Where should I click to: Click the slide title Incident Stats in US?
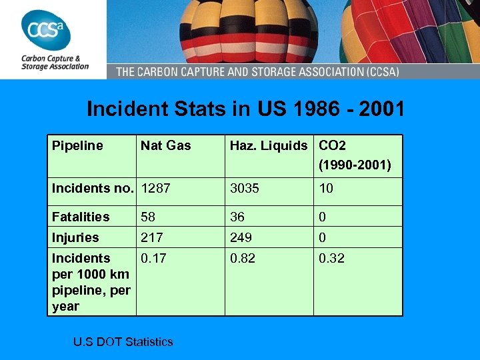[245, 109]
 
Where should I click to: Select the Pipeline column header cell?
[77, 145]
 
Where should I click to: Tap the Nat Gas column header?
[165, 145]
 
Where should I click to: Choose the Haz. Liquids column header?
[269, 145]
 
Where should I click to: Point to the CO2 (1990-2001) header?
[355, 155]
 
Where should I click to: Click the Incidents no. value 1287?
[155, 189]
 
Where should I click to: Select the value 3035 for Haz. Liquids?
[245, 189]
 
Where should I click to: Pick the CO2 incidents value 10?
[326, 189]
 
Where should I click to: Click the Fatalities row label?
[81, 217]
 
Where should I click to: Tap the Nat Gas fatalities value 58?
[148, 217]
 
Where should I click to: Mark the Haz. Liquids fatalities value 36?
[237, 217]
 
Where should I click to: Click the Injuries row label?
[75, 237]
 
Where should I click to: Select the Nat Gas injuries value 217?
[151, 237]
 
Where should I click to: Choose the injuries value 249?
[241, 237]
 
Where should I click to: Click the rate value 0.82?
[243, 258]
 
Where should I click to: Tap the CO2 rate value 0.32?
[331, 258]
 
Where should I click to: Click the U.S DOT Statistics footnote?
[123, 342]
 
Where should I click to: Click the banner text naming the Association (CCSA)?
[287, 71]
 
